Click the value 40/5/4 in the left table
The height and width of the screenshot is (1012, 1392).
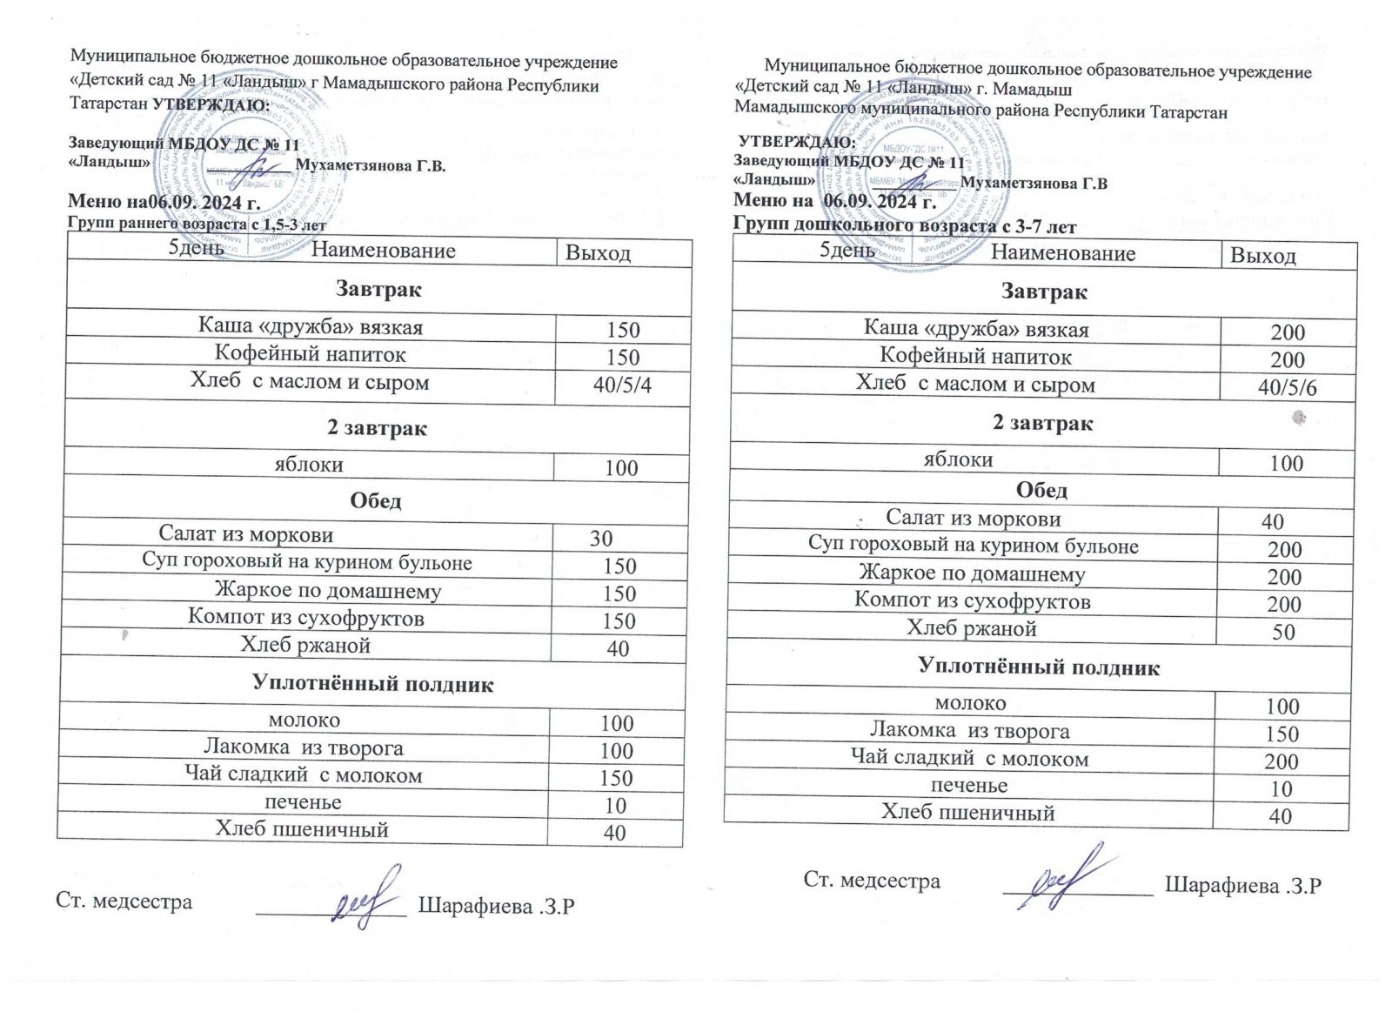pos(622,385)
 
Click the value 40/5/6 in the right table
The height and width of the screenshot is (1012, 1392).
pos(1287,388)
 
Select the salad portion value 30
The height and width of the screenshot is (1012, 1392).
pos(601,539)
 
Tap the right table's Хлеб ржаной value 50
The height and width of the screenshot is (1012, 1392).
pos(1284,632)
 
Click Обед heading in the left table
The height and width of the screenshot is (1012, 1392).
pos(376,501)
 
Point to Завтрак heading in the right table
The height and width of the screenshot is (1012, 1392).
pos(1043,292)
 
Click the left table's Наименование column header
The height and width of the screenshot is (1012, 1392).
pos(383,251)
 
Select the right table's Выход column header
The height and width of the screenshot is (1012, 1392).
pos(1262,256)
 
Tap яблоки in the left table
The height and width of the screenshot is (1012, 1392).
pos(309,465)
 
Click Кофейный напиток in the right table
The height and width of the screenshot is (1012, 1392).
pos(975,357)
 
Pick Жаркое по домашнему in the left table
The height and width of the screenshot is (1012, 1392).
pos(328,591)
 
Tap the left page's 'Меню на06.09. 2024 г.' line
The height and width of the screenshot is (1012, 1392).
pos(164,204)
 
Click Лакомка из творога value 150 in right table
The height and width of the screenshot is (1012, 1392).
pos(1282,734)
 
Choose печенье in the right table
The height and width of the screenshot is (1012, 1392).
pos(969,786)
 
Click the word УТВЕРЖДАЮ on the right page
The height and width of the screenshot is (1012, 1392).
pos(796,142)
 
